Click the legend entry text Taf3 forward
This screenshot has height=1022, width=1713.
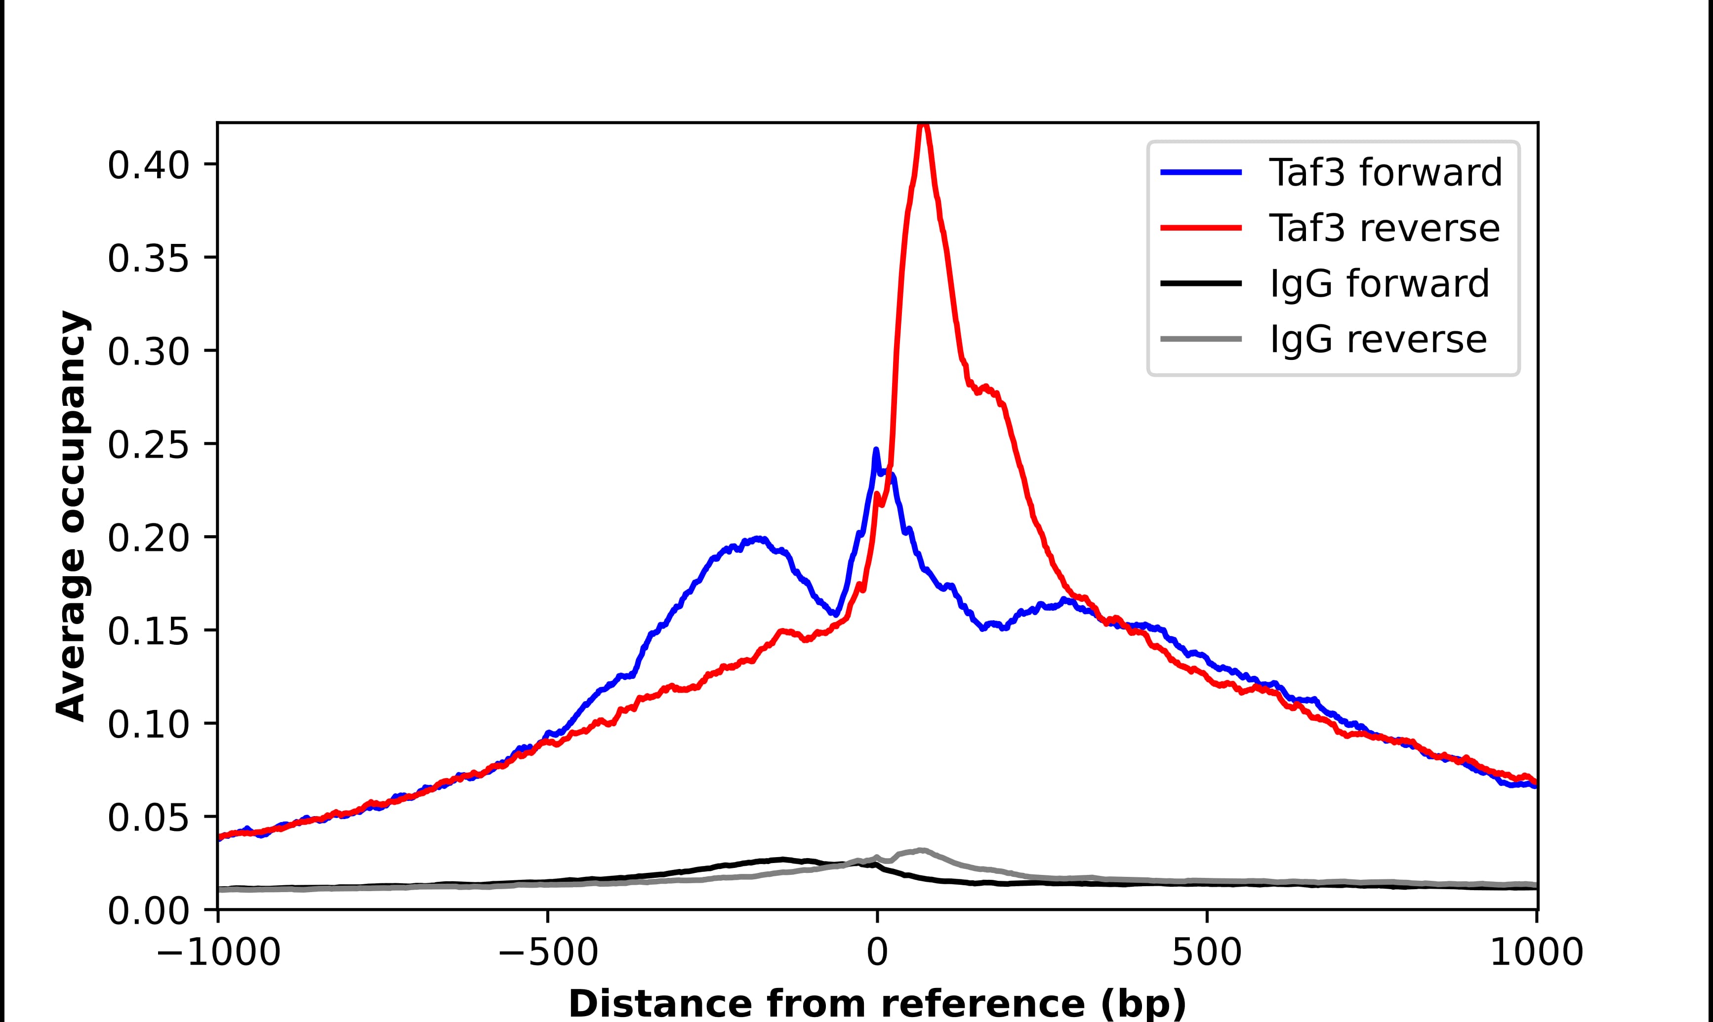click(1385, 172)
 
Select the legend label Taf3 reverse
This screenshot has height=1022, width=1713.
click(1384, 228)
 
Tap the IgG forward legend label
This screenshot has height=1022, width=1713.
click(1379, 284)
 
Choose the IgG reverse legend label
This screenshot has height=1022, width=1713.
click(1378, 340)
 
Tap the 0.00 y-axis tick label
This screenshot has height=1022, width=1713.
click(148, 912)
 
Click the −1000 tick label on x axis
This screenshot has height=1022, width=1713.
click(218, 954)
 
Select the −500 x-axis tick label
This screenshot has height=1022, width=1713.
click(548, 954)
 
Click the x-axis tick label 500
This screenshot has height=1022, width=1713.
click(1207, 954)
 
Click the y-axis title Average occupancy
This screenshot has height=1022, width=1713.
click(72, 516)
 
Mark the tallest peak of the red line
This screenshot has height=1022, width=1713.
click(924, 125)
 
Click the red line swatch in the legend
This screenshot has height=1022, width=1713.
click(1201, 228)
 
